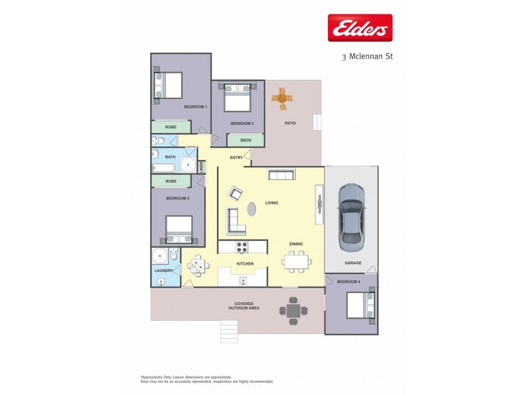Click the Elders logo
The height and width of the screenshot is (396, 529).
point(360,28)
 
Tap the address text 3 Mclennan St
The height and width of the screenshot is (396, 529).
point(367,57)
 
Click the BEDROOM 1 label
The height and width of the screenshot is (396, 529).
point(196,107)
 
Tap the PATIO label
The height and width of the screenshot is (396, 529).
point(290,123)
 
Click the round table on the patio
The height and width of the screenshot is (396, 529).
point(282,98)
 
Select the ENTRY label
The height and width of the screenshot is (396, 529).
point(236,158)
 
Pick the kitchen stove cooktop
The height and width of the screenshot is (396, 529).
point(242,247)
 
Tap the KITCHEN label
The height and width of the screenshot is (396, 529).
point(245,264)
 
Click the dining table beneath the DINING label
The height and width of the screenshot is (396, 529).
point(296,262)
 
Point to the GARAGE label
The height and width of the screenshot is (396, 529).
point(352,263)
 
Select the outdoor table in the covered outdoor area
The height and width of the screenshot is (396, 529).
point(294,309)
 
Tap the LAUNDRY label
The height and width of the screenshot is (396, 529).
point(163,271)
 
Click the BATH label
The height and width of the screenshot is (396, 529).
point(170,157)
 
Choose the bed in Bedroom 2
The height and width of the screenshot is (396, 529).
point(179,230)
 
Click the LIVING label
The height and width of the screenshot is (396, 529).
point(272,203)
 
